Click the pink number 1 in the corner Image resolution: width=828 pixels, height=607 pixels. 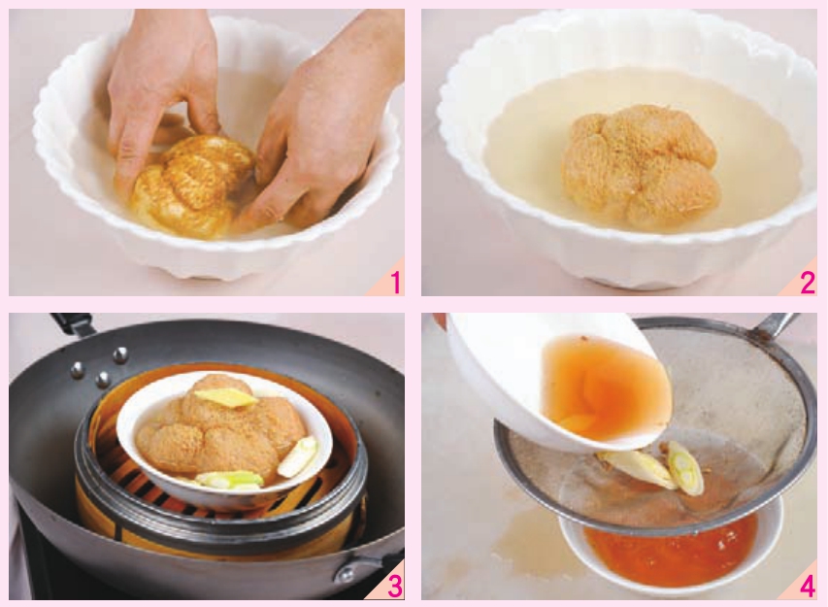pos(395,282)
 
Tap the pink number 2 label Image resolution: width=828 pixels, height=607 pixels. pos(808,283)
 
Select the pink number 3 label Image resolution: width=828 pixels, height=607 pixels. pos(395,586)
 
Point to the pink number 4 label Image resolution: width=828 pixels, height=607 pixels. pos(808,587)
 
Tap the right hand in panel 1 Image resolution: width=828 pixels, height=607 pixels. pos(316,132)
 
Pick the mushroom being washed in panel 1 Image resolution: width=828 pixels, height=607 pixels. pos(190,185)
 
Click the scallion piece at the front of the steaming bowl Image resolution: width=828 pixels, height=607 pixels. pos(230,479)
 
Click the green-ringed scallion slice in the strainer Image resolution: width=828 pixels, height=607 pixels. pos(685,467)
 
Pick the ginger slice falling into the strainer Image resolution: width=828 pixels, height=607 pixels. pos(637,467)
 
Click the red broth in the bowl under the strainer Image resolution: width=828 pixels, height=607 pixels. pos(671,550)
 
